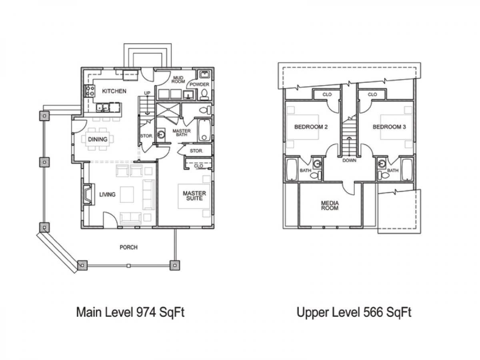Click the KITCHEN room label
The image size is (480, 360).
click(114, 91)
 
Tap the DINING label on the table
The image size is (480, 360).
click(98, 139)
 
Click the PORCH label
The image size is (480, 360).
click(128, 247)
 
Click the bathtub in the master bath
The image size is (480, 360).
click(204, 130)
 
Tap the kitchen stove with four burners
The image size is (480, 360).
click(90, 91)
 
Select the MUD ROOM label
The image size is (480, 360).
click(178, 80)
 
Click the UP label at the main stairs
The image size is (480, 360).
click(147, 93)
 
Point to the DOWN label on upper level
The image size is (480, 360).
click(349, 160)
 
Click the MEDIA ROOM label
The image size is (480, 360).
click(330, 206)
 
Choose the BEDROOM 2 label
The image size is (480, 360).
click(311, 127)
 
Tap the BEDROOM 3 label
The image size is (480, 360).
click(389, 127)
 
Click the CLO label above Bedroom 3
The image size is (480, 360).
click(372, 94)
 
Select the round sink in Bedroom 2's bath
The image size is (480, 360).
click(317, 164)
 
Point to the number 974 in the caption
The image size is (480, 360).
click(146, 312)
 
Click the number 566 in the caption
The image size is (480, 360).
click(373, 312)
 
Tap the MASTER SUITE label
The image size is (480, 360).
click(194, 196)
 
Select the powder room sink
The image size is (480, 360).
click(205, 74)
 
